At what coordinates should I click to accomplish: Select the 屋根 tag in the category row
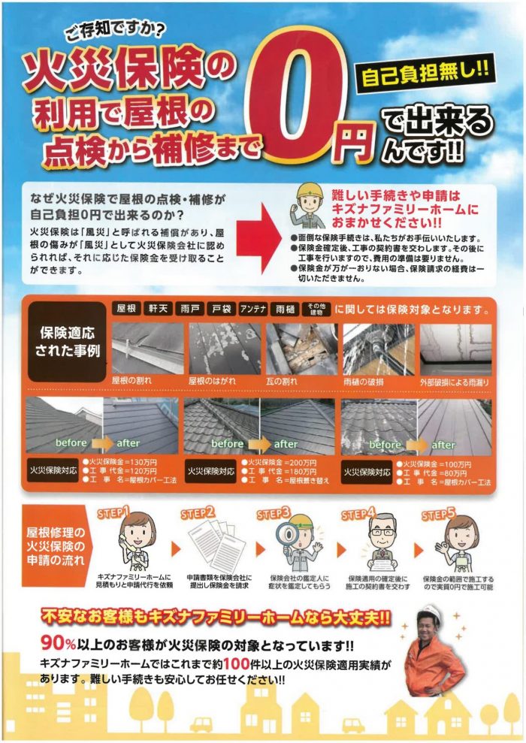(x=126, y=309)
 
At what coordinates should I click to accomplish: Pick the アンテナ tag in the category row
(x=253, y=310)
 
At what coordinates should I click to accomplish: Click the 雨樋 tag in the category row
(x=285, y=310)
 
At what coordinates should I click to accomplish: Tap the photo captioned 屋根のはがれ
(x=225, y=349)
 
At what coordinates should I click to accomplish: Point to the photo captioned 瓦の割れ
(x=302, y=349)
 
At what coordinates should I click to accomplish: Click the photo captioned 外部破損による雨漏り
(x=456, y=349)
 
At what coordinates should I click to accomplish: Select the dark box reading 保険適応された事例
(x=67, y=342)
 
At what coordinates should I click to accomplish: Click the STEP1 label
(x=113, y=514)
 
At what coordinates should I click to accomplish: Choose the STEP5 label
(x=438, y=515)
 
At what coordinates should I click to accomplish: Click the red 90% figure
(x=59, y=644)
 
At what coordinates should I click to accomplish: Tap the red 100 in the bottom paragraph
(x=237, y=664)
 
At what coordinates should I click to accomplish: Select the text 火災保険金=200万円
(x=279, y=463)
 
